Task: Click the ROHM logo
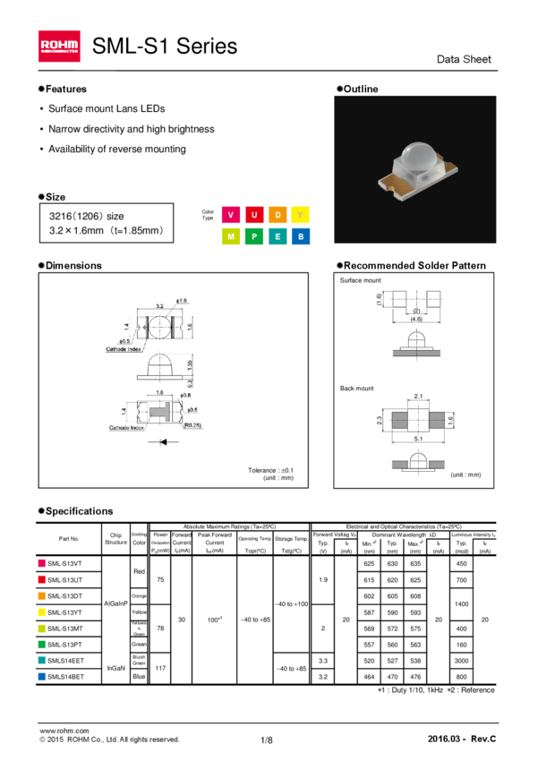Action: click(59, 46)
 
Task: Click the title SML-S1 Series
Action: click(165, 46)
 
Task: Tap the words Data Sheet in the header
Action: click(464, 59)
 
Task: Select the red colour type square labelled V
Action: click(231, 215)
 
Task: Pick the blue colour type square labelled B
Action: click(301, 236)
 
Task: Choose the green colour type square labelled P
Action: click(254, 236)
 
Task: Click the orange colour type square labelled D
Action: click(278, 215)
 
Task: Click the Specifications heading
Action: click(79, 511)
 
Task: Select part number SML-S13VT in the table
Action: click(64, 564)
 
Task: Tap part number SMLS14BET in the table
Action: click(64, 677)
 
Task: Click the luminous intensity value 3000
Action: click(461, 661)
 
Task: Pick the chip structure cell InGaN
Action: click(115, 669)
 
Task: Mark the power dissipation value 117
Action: click(160, 669)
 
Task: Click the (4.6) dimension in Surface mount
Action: click(416, 319)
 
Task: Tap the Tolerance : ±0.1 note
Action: click(270, 470)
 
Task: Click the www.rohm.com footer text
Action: click(64, 731)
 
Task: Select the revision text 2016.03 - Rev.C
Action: click(462, 739)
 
